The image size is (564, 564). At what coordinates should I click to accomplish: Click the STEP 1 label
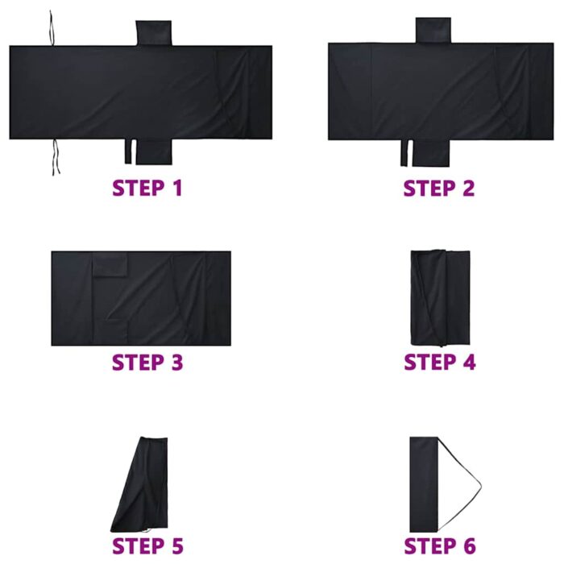tap(147, 188)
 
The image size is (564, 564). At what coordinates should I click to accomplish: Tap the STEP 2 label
tap(439, 188)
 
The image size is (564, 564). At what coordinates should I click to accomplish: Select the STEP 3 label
tap(147, 362)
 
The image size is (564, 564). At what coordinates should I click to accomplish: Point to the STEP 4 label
tap(439, 362)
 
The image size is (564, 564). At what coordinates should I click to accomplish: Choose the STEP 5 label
tap(147, 545)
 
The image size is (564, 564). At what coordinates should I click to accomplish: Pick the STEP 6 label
tap(439, 545)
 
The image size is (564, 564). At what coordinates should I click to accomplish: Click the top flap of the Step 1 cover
tap(153, 33)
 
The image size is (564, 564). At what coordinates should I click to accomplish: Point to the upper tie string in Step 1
tap(52, 27)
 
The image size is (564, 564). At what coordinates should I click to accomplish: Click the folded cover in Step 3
tap(141, 299)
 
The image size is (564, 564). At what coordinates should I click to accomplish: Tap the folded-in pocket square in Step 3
tap(110, 266)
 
